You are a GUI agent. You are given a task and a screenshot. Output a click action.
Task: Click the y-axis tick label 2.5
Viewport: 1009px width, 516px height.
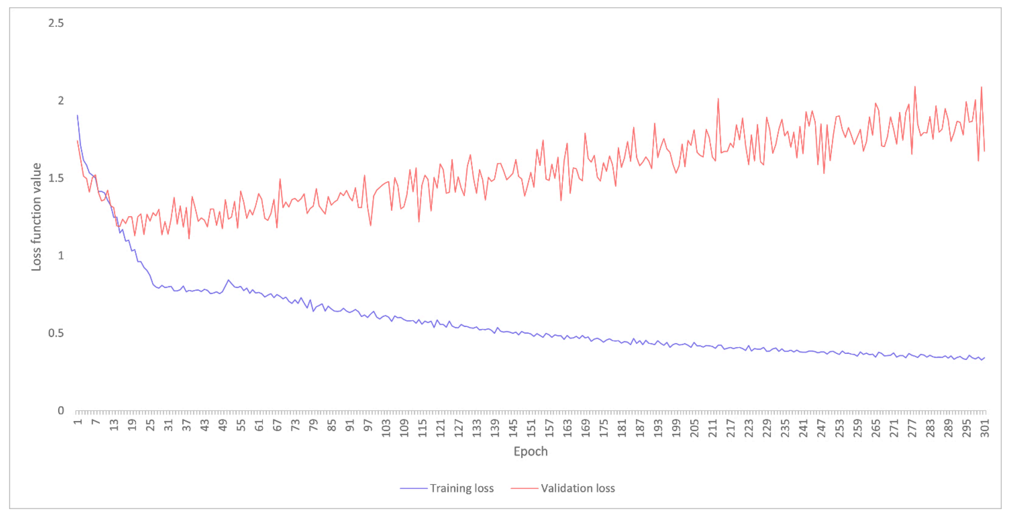click(56, 23)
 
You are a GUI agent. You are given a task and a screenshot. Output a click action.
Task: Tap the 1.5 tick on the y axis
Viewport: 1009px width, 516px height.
click(56, 178)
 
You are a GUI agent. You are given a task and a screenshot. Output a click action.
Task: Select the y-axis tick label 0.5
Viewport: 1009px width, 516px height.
click(56, 333)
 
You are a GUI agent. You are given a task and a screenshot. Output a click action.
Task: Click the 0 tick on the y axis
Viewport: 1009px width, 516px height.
click(61, 411)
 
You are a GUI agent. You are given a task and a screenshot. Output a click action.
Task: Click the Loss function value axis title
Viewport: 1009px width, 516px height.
click(36, 217)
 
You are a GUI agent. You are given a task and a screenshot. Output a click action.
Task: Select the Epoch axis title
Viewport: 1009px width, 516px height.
click(530, 451)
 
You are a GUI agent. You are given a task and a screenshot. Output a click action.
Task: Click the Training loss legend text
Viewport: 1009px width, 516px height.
click(461, 488)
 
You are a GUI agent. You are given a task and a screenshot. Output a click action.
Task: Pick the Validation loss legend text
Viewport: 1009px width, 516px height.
click(578, 488)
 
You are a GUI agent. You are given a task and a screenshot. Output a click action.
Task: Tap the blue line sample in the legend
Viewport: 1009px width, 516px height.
click(413, 488)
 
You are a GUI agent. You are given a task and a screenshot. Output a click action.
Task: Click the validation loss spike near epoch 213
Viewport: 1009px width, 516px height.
click(718, 99)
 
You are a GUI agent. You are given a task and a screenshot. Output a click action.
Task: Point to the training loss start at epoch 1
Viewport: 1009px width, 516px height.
click(77, 115)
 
